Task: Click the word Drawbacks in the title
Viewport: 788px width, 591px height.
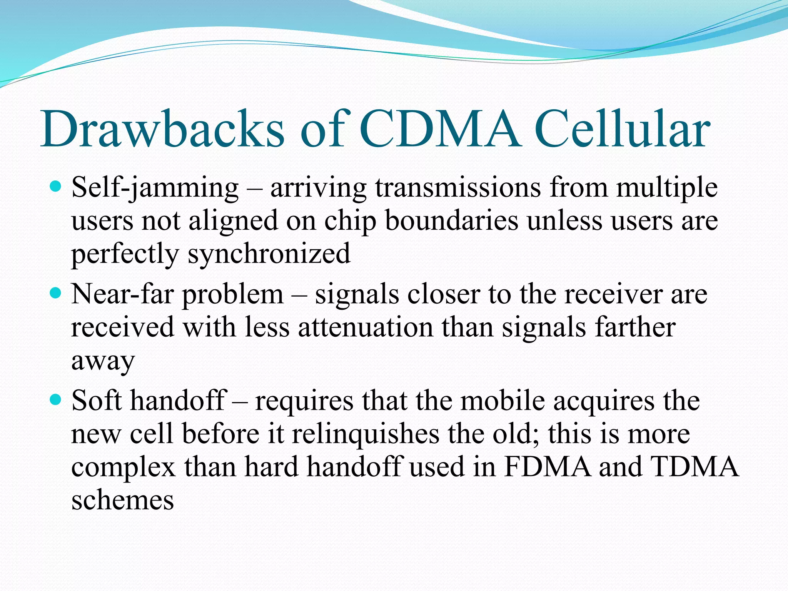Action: tap(162, 129)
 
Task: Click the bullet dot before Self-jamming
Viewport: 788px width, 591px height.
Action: tap(56, 187)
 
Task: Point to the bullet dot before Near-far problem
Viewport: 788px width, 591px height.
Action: tap(56, 294)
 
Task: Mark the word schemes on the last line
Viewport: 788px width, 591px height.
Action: tap(122, 501)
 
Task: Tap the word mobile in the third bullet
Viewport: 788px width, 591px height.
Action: tap(503, 401)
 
